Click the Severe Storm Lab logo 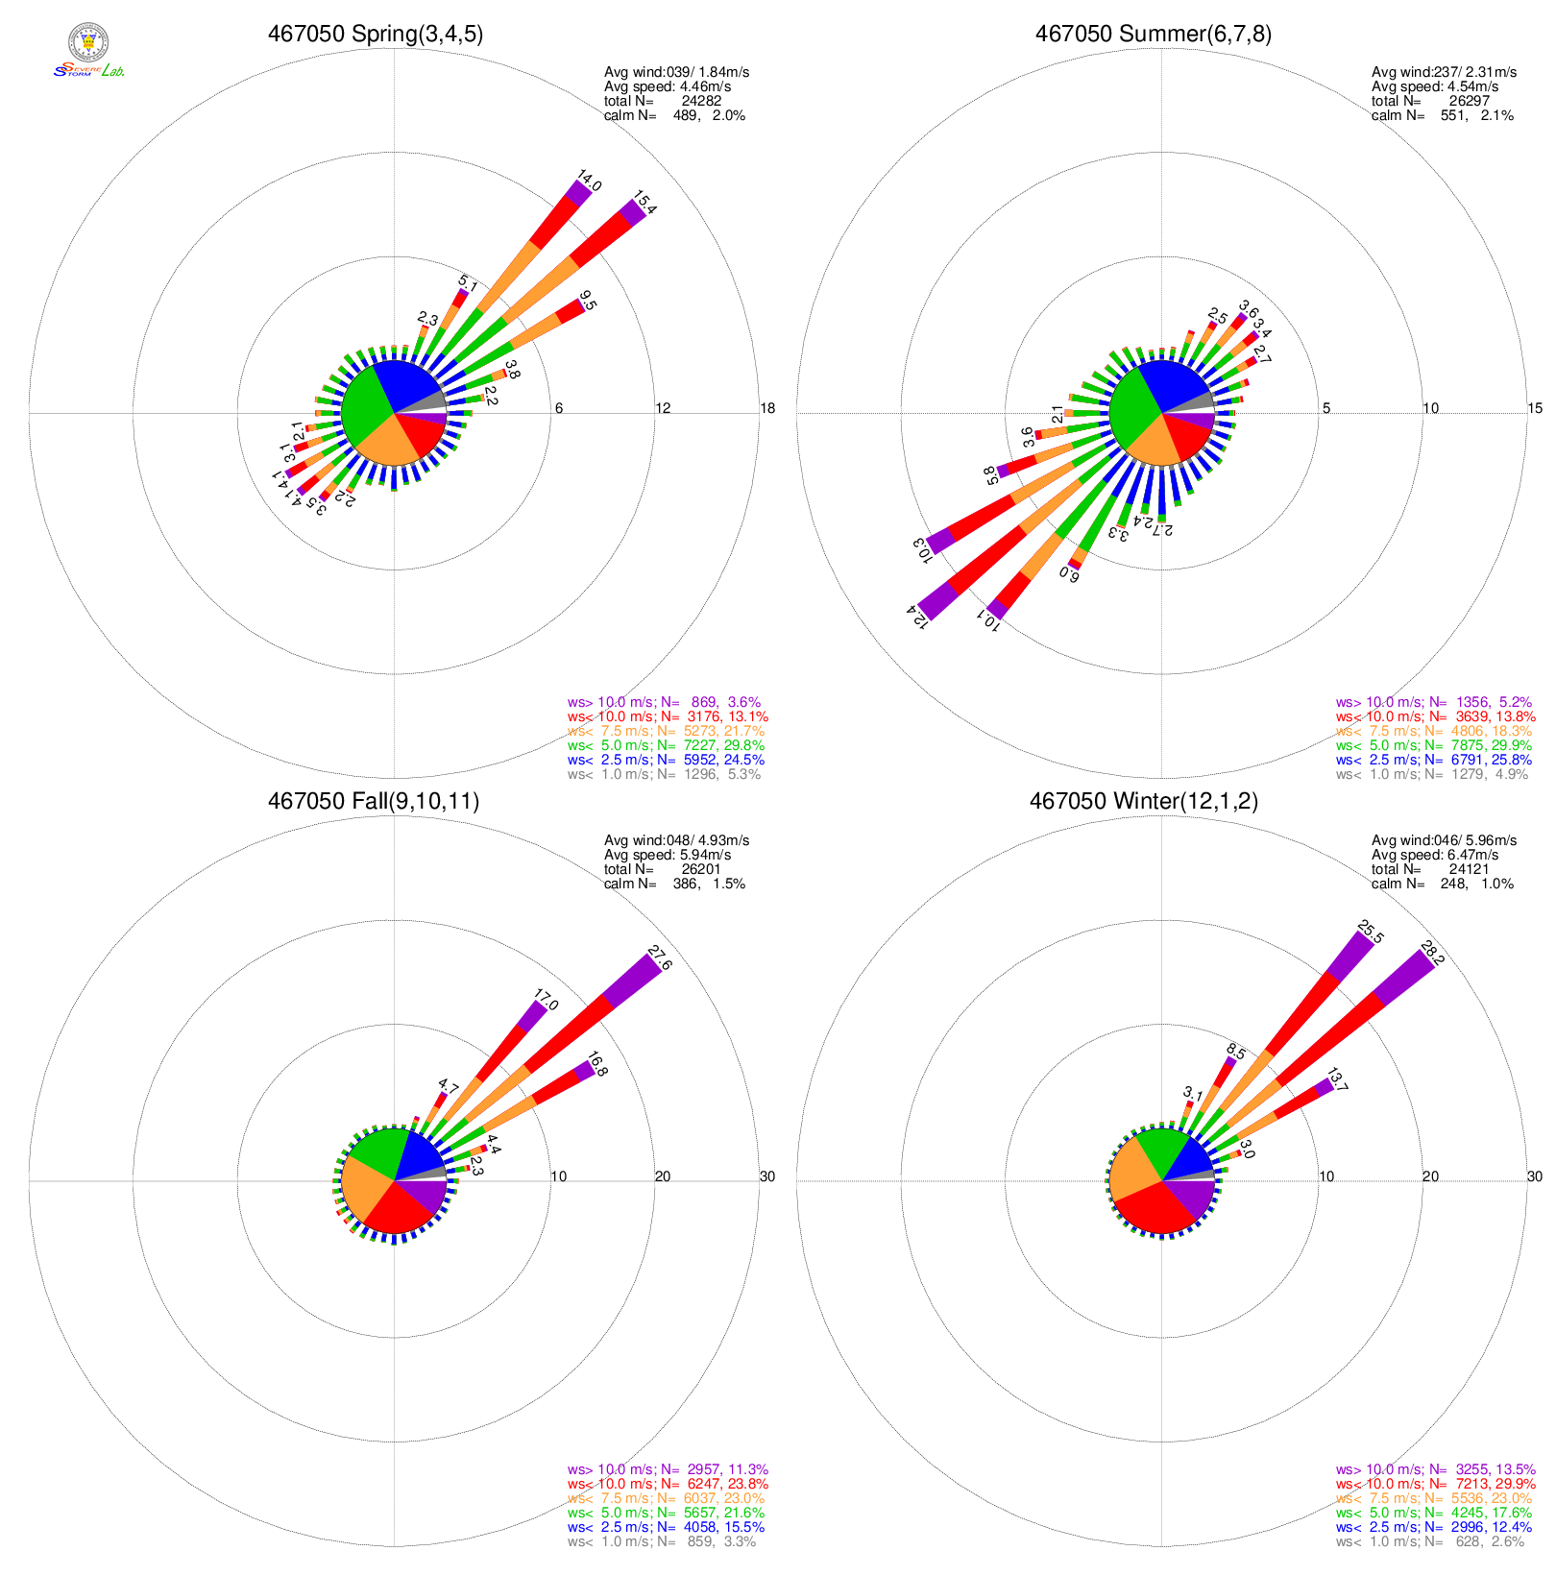click(x=88, y=53)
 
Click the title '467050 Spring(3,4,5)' click(x=376, y=35)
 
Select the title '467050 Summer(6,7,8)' click(x=1153, y=35)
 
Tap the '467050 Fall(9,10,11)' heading click(x=374, y=802)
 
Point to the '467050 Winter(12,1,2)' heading click(x=1143, y=802)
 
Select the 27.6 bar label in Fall click(x=660, y=958)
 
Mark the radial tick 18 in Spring click(x=767, y=408)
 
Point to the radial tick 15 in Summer click(x=1535, y=408)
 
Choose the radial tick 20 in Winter click(x=1430, y=1176)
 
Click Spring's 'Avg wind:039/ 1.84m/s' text click(x=676, y=72)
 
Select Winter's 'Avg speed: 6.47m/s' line click(x=1435, y=855)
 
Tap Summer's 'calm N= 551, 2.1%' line click(x=1442, y=115)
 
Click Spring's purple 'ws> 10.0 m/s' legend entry click(x=664, y=702)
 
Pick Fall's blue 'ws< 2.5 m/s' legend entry click(x=666, y=1527)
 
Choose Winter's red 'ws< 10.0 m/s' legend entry click(x=1435, y=1484)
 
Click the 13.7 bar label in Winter click(x=1337, y=1080)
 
